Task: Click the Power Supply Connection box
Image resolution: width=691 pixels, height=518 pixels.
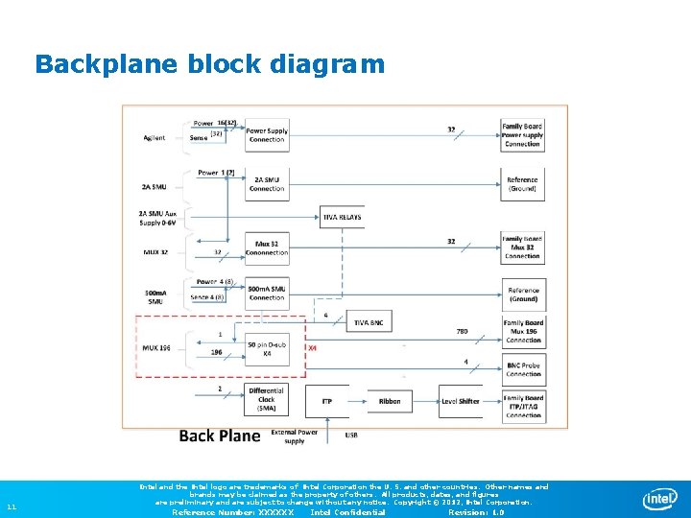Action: pyautogui.click(x=266, y=135)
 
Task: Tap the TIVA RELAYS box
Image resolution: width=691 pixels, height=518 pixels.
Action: pyautogui.click(x=342, y=218)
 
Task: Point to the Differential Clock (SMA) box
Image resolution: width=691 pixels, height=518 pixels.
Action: pyautogui.click(x=266, y=400)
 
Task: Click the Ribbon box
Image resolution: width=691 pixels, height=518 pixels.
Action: pyautogui.click(x=390, y=401)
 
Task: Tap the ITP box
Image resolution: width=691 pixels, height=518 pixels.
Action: pyautogui.click(x=326, y=401)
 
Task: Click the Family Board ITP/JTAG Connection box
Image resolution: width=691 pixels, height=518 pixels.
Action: pyautogui.click(x=523, y=406)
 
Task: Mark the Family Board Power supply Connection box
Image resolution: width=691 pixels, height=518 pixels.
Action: pyautogui.click(x=523, y=135)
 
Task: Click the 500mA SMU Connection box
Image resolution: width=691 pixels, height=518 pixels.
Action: pyautogui.click(x=266, y=293)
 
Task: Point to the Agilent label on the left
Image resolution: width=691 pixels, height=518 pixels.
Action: pyautogui.click(x=155, y=138)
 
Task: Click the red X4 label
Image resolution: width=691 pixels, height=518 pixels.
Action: pyautogui.click(x=312, y=348)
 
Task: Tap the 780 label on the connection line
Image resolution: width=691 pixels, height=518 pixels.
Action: pyautogui.click(x=462, y=332)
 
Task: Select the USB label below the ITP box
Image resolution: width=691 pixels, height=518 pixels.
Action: pyautogui.click(x=351, y=435)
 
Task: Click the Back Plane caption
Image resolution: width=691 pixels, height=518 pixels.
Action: pyautogui.click(x=220, y=436)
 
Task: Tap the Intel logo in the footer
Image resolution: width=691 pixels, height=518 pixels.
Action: pyautogui.click(x=660, y=499)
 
